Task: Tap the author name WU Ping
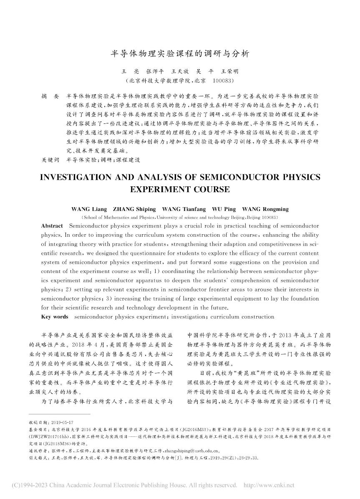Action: [x=224, y=209]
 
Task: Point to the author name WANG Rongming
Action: [x=265, y=209]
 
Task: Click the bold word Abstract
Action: [x=52, y=226]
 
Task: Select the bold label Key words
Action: [x=55, y=317]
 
